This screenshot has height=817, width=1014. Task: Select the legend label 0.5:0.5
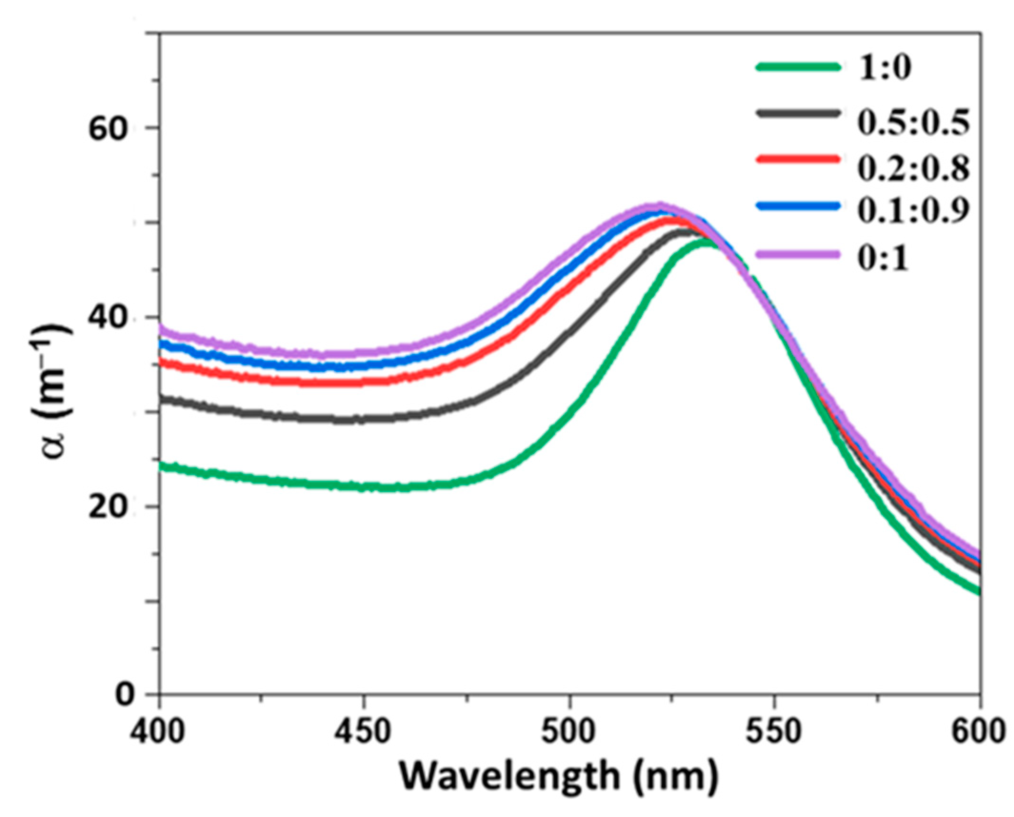(913, 123)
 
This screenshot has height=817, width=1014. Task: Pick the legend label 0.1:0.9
(913, 211)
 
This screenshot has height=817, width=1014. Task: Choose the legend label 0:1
(883, 260)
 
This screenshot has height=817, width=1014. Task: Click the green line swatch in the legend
(798, 67)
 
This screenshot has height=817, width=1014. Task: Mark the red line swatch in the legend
(798, 159)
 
